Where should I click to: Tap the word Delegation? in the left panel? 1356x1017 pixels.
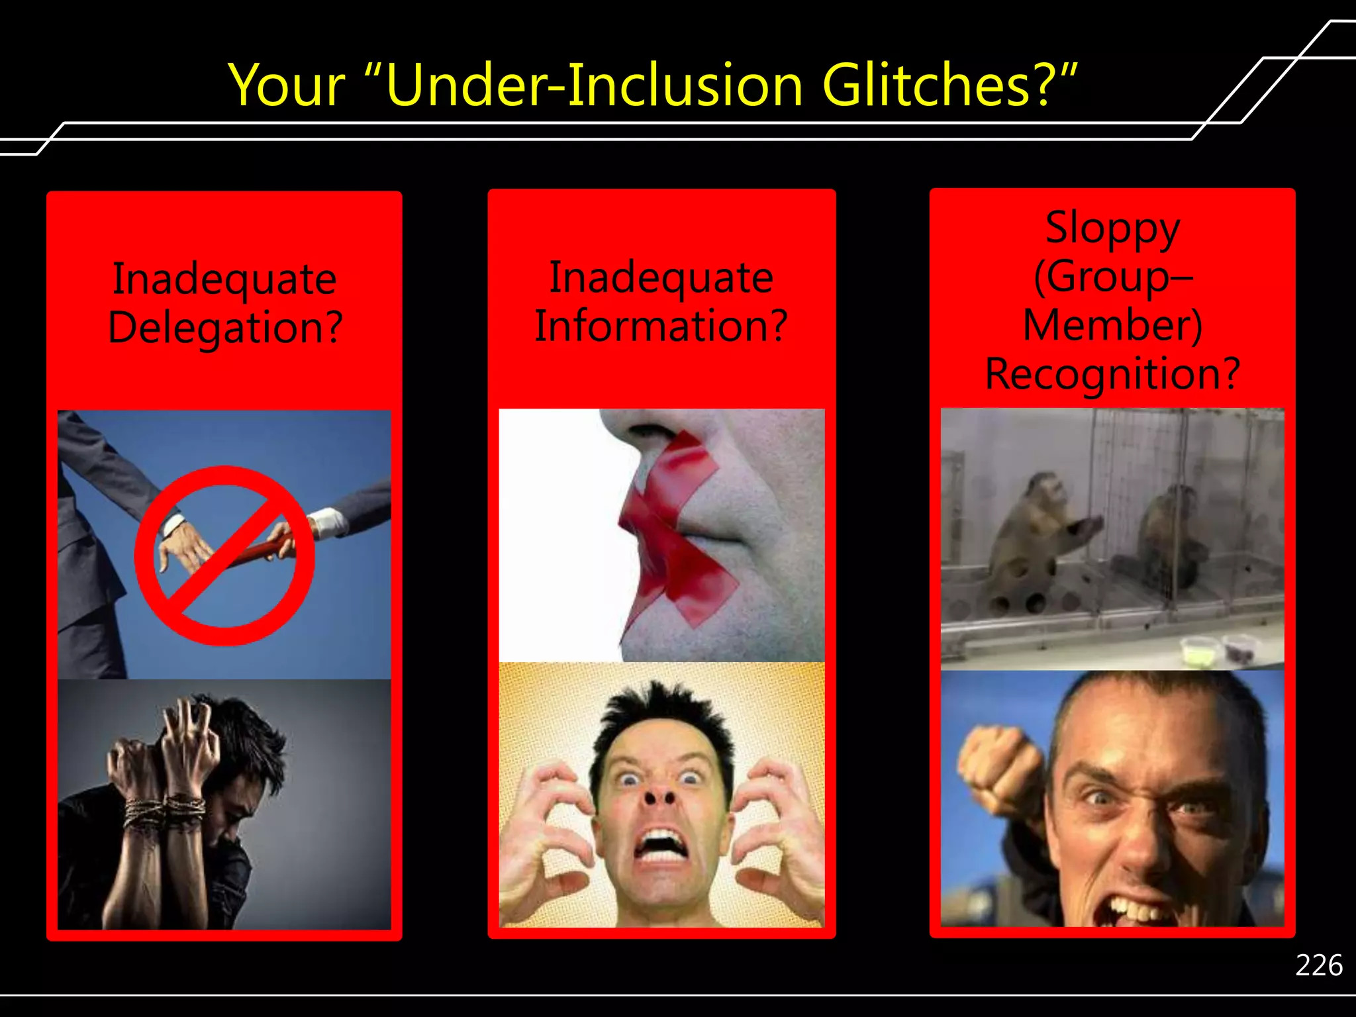(225, 327)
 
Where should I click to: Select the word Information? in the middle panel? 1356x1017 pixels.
(661, 326)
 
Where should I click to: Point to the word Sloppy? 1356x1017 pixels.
(1112, 229)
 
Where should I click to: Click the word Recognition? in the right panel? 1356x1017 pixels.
(1112, 374)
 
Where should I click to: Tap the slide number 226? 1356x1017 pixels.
(1319, 965)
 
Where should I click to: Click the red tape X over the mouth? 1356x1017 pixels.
(675, 530)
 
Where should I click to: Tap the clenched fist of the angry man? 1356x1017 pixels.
(1000, 768)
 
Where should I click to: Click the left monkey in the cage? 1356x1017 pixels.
(1033, 530)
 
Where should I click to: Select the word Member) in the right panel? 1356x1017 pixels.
(1112, 326)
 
